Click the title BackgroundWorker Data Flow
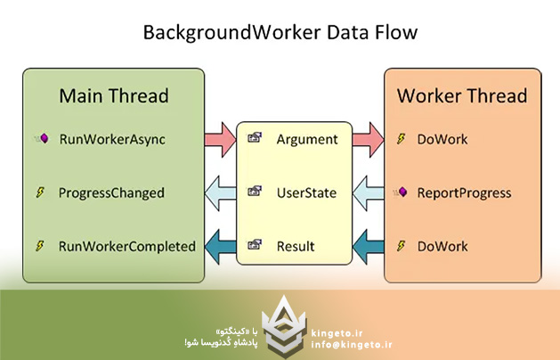[x=280, y=33]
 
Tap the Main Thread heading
[x=113, y=95]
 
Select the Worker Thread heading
[x=462, y=95]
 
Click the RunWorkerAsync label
[x=111, y=139]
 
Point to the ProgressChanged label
[x=111, y=192]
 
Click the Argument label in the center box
[x=307, y=139]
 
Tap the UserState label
[x=307, y=192]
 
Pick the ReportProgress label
[x=464, y=192]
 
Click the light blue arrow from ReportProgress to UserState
[x=364, y=192]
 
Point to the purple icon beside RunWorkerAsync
[x=40, y=139]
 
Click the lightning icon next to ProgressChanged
[x=40, y=192]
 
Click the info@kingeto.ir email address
[x=353, y=343]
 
